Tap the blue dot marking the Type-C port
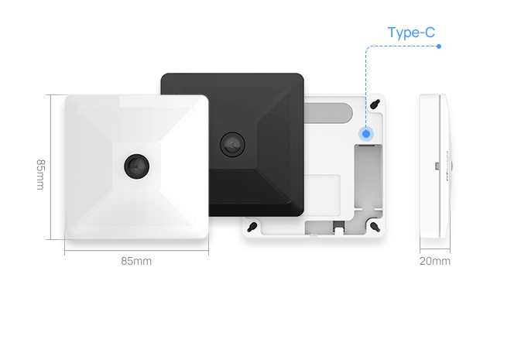point(365,134)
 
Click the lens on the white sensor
point(137,163)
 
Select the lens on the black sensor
point(231,142)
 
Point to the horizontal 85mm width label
point(136,261)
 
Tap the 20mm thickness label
point(435,261)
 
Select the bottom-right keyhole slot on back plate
point(375,225)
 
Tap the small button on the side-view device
point(437,165)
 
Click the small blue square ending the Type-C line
point(439,47)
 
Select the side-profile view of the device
point(434,166)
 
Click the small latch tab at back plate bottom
point(339,228)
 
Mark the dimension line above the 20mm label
point(434,251)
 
